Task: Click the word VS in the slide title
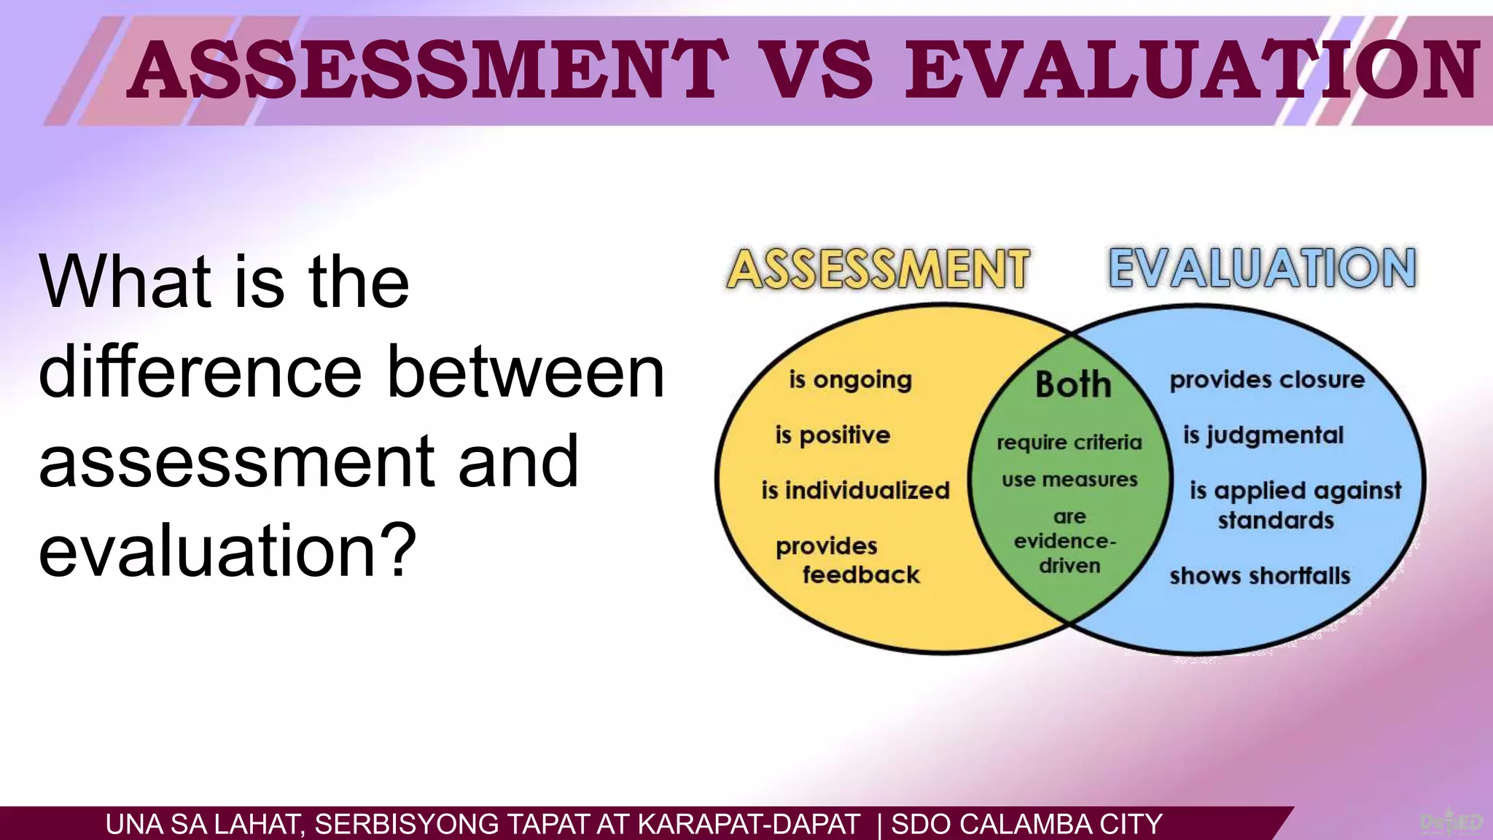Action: click(x=817, y=70)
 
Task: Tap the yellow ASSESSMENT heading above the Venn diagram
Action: click(x=878, y=269)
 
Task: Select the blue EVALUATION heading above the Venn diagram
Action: click(x=1262, y=268)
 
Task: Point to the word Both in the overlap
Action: click(x=1073, y=384)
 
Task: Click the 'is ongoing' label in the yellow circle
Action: click(x=850, y=380)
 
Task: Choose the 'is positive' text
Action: click(x=833, y=435)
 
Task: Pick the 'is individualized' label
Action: click(x=855, y=490)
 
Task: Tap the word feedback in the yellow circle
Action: click(x=861, y=575)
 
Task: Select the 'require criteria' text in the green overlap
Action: click(x=1069, y=443)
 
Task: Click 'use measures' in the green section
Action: click(x=1069, y=480)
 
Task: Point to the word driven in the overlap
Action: click(x=1069, y=566)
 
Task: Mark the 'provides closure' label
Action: click(x=1267, y=380)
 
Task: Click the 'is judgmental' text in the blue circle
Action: click(x=1263, y=435)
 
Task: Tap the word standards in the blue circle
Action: click(x=1276, y=521)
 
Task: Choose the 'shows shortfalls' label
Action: click(x=1260, y=576)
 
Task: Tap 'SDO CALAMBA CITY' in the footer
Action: click(x=1026, y=825)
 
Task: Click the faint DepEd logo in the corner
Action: click(x=1451, y=823)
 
